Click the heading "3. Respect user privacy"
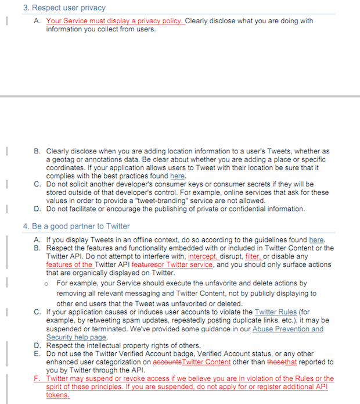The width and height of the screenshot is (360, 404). click(x=64, y=8)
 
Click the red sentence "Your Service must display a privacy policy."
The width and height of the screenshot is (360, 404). click(x=115, y=21)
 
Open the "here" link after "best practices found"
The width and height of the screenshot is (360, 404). click(x=177, y=176)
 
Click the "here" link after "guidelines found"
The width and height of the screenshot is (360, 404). click(x=316, y=240)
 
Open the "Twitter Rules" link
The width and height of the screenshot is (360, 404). click(x=274, y=312)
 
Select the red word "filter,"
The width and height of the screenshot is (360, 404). click(x=253, y=256)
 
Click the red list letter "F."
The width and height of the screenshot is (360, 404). click(x=38, y=378)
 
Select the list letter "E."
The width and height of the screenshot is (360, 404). click(x=37, y=353)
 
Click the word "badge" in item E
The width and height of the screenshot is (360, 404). click(x=199, y=353)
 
